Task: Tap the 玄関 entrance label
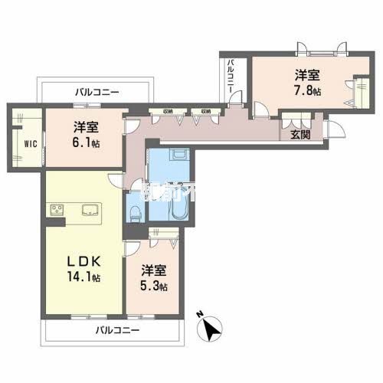click(x=300, y=136)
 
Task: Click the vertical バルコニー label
click(x=230, y=77)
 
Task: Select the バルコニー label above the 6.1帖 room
click(x=97, y=92)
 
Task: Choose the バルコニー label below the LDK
click(x=117, y=331)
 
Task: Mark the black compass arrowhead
click(x=213, y=329)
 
